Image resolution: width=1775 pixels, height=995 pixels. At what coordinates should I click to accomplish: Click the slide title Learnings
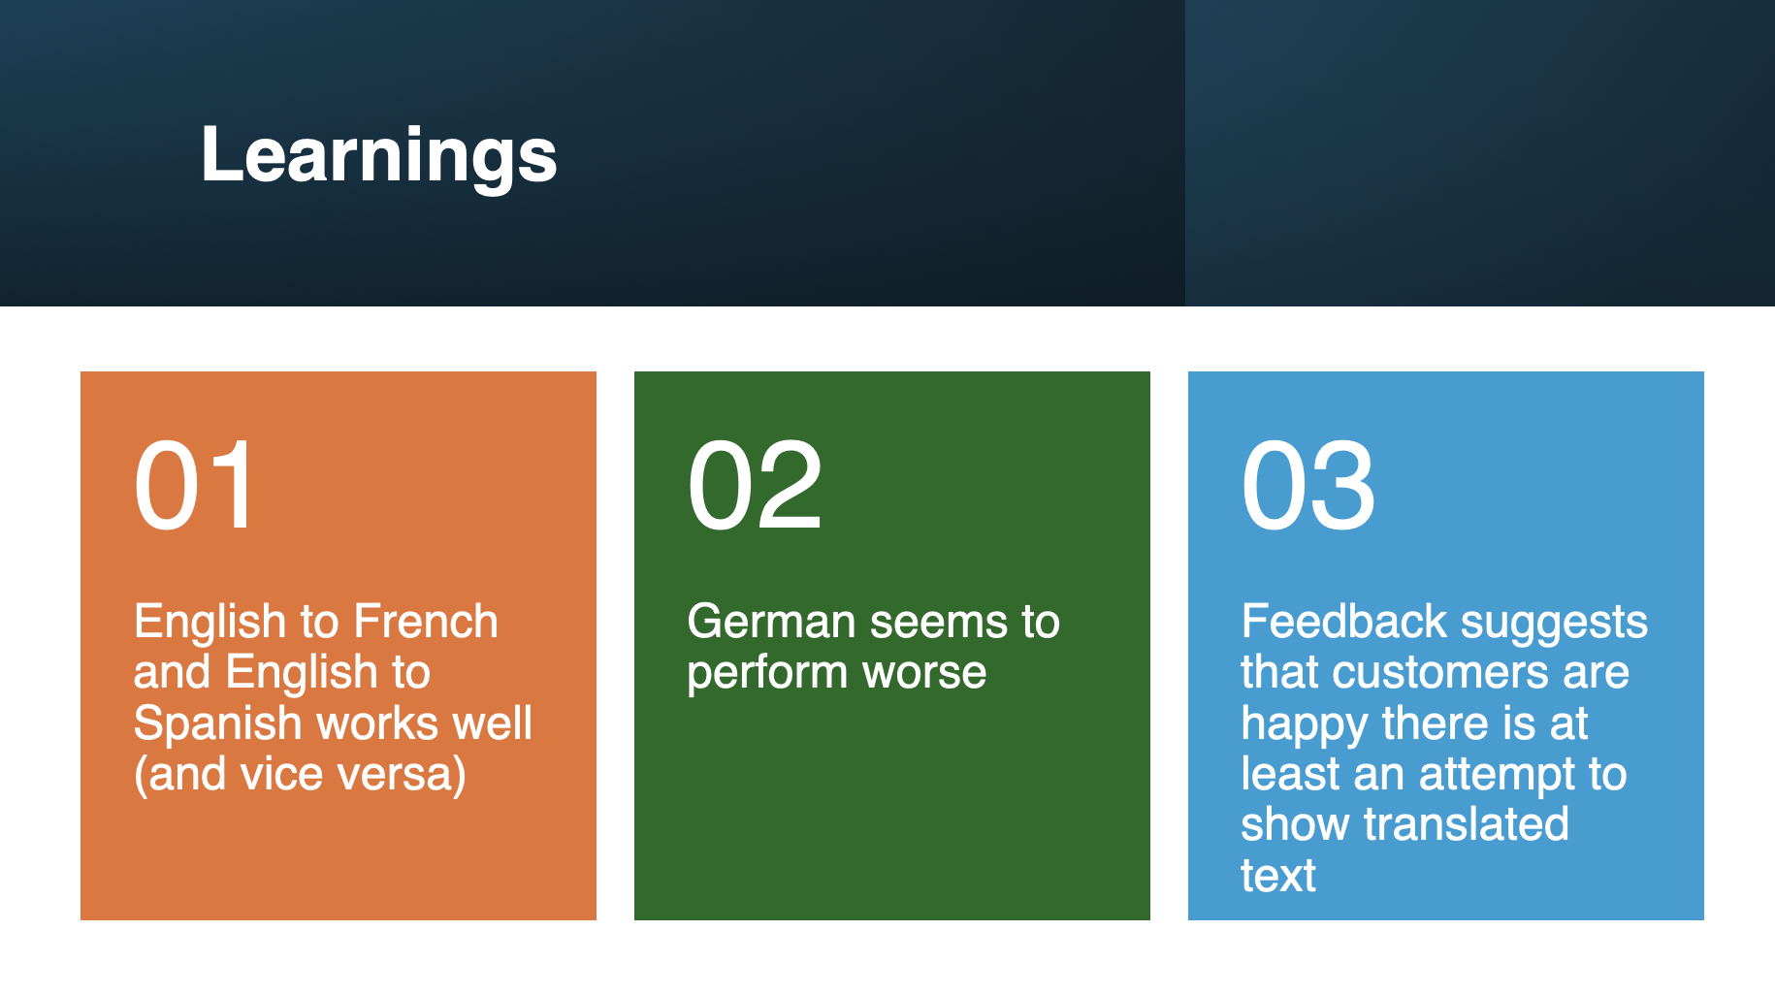379,155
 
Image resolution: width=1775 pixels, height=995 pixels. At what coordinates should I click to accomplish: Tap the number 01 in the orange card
196,485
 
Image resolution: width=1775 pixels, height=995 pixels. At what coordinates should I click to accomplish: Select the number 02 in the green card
756,485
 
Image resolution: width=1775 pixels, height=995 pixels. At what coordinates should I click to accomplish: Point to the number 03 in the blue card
1308,485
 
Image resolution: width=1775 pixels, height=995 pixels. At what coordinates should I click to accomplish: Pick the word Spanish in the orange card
218,724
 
